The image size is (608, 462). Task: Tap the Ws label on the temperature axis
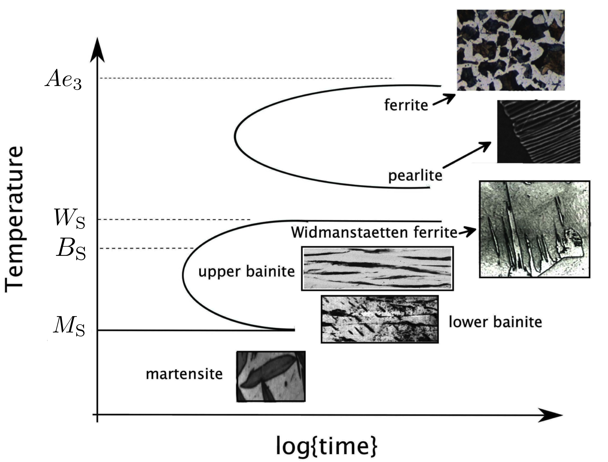69,219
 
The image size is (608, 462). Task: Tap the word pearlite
415,175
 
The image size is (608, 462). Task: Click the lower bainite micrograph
380,319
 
